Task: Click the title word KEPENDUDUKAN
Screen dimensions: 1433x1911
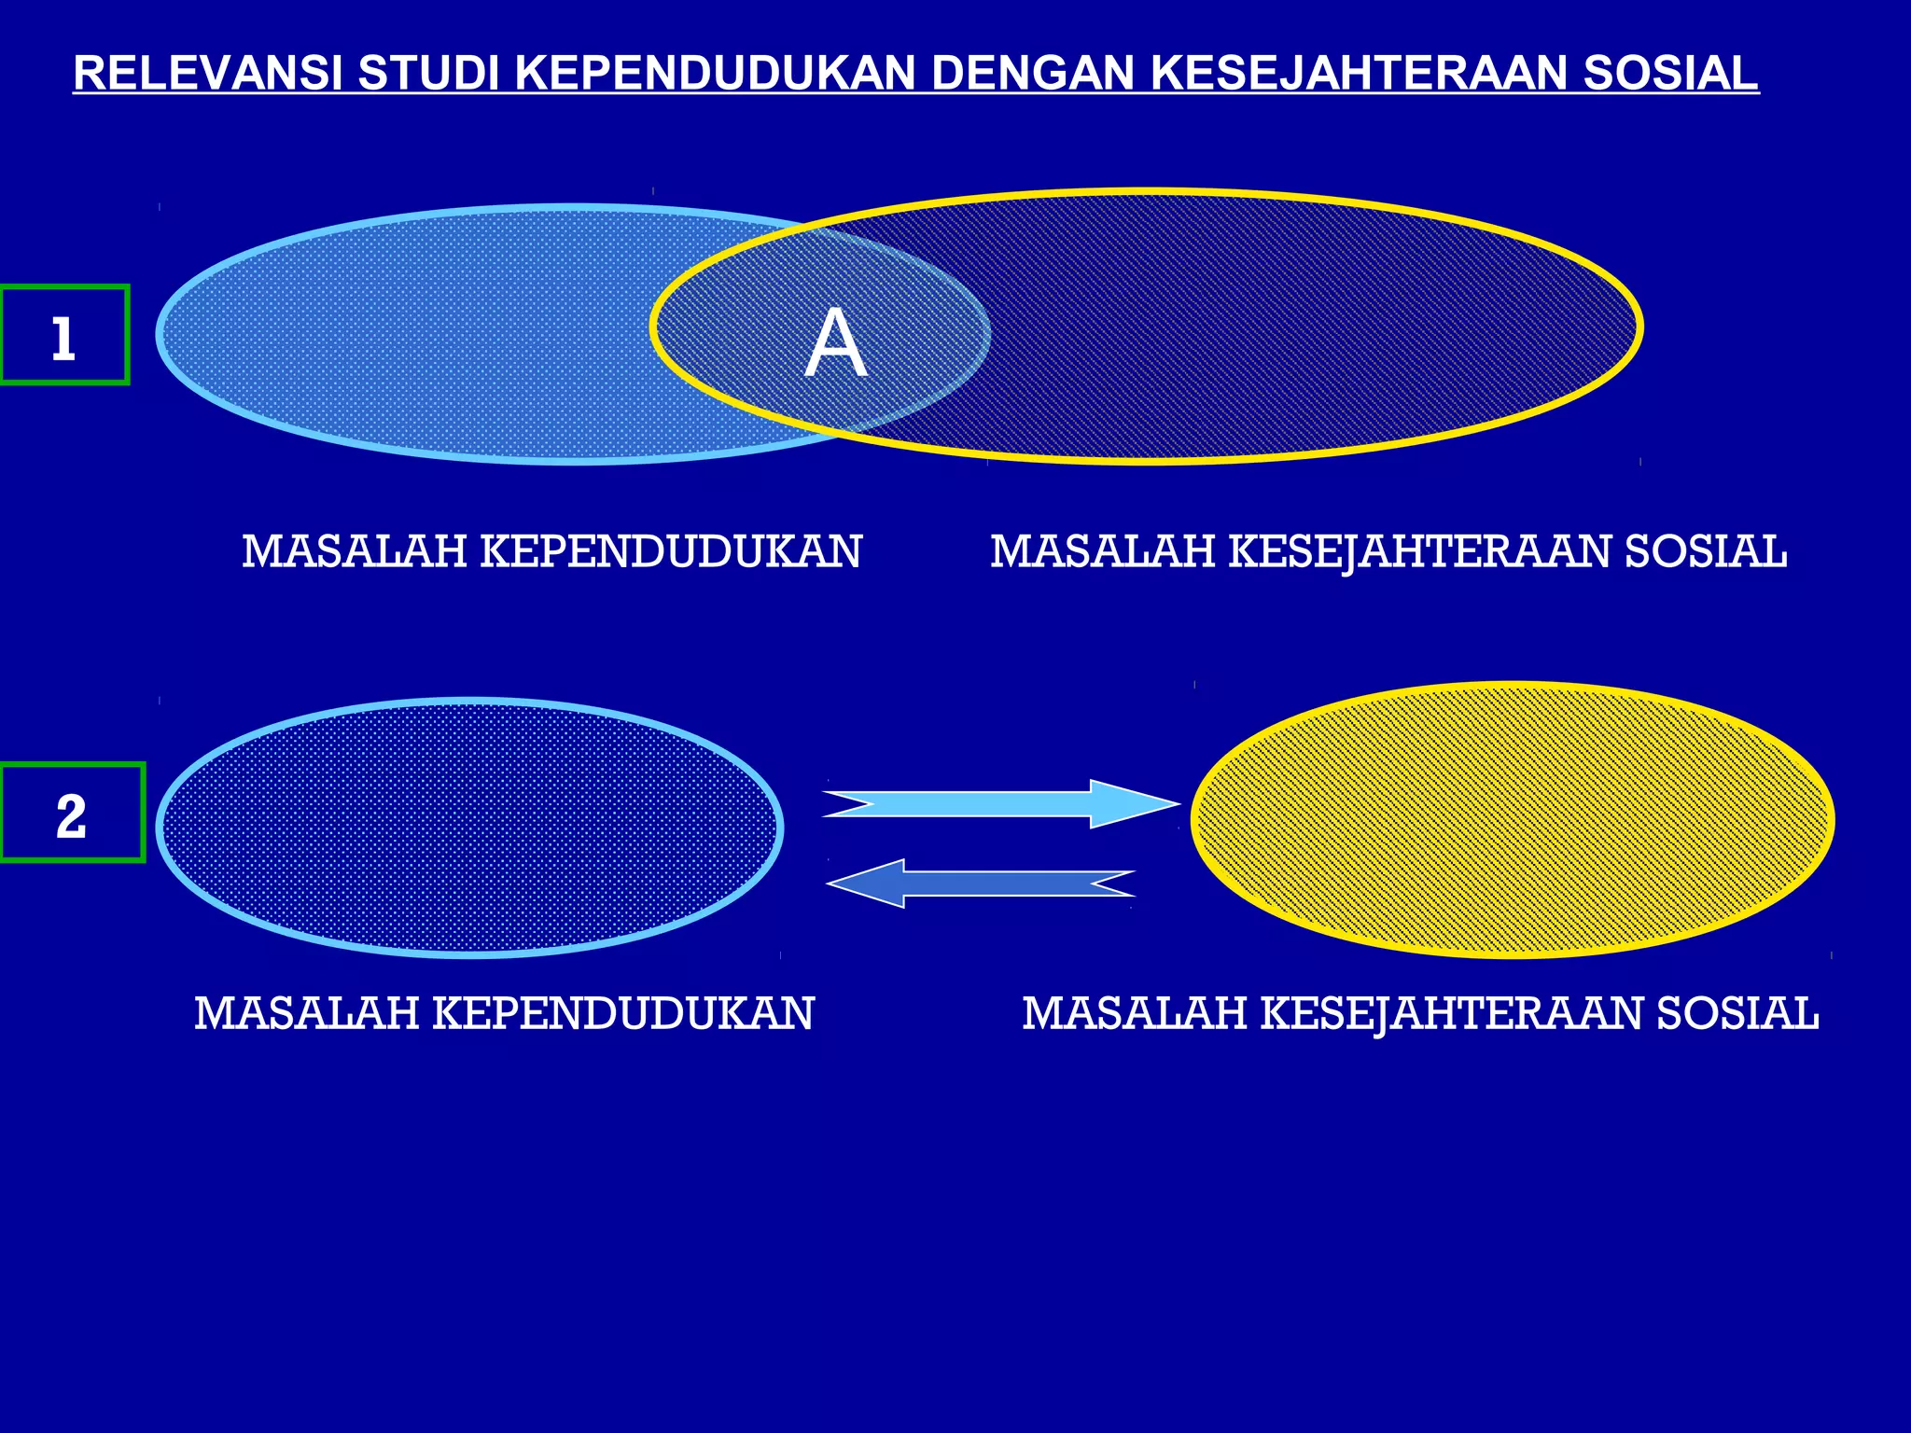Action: pyautogui.click(x=715, y=74)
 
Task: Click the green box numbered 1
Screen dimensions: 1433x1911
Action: pyautogui.click(x=63, y=336)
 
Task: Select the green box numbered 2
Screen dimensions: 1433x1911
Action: pyautogui.click(x=71, y=813)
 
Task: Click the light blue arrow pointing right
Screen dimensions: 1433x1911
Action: pyautogui.click(x=989, y=803)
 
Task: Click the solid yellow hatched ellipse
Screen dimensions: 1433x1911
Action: pyautogui.click(x=1513, y=820)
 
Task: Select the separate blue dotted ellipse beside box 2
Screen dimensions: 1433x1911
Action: pyautogui.click(x=469, y=827)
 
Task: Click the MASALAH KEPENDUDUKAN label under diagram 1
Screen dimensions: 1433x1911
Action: pyautogui.click(x=551, y=551)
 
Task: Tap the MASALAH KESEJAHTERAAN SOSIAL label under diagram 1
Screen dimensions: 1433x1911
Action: pyautogui.click(x=1388, y=551)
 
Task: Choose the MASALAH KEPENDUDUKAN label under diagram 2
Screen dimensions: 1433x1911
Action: pyautogui.click(x=504, y=1013)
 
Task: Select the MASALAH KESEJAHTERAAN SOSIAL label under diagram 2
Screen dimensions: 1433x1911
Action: pyautogui.click(x=1420, y=1013)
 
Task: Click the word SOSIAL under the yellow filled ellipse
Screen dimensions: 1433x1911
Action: pyautogui.click(x=1737, y=1013)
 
